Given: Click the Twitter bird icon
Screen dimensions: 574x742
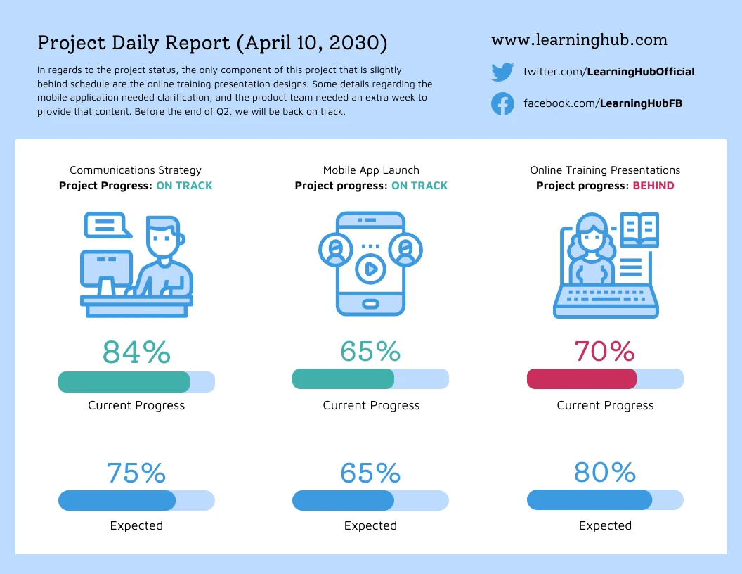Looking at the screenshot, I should point(502,72).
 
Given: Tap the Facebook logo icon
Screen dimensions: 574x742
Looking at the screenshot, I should point(502,104).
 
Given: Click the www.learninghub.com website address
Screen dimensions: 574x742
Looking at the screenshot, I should point(579,40).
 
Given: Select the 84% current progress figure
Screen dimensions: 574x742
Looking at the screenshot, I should point(136,352).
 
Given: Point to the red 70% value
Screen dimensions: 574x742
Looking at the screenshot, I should point(604,351).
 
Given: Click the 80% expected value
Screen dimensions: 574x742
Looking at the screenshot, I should point(604,473).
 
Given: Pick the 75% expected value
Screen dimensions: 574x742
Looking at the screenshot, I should point(136,473).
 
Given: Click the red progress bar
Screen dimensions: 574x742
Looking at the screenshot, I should point(582,379).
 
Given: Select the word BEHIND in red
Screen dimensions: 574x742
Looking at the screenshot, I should point(653,186).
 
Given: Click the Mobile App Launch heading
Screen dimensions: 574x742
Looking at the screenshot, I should point(371,170).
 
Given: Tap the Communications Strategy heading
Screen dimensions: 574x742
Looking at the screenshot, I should point(136,170).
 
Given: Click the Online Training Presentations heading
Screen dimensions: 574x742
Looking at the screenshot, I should point(605,170).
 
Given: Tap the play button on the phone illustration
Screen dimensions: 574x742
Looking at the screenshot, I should point(371,268).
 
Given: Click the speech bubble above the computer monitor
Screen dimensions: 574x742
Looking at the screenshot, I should point(106,225).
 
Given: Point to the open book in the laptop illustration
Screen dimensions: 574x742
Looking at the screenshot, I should point(639,228).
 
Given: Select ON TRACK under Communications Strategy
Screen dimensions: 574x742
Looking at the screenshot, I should point(184,186).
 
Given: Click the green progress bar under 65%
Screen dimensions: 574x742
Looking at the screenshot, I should point(343,379).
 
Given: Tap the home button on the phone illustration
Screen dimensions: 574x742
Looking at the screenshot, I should point(371,303).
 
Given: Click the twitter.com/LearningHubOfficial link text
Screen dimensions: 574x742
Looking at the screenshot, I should point(608,72).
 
